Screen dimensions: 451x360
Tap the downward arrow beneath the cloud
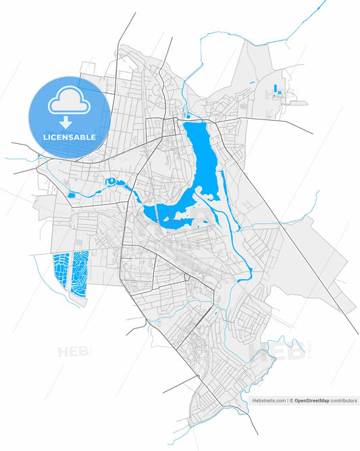coord(65,122)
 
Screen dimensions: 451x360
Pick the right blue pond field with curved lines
coord(81,274)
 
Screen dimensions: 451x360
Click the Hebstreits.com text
coord(269,400)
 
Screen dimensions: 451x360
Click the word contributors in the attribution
coord(343,400)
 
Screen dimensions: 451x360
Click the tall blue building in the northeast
coord(277,89)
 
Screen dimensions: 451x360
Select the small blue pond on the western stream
coord(72,196)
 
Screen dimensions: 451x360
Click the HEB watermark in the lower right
coord(270,351)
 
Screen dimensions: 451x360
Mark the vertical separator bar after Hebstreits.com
coord(288,400)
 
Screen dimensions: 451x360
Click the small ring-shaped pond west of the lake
coord(109,180)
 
